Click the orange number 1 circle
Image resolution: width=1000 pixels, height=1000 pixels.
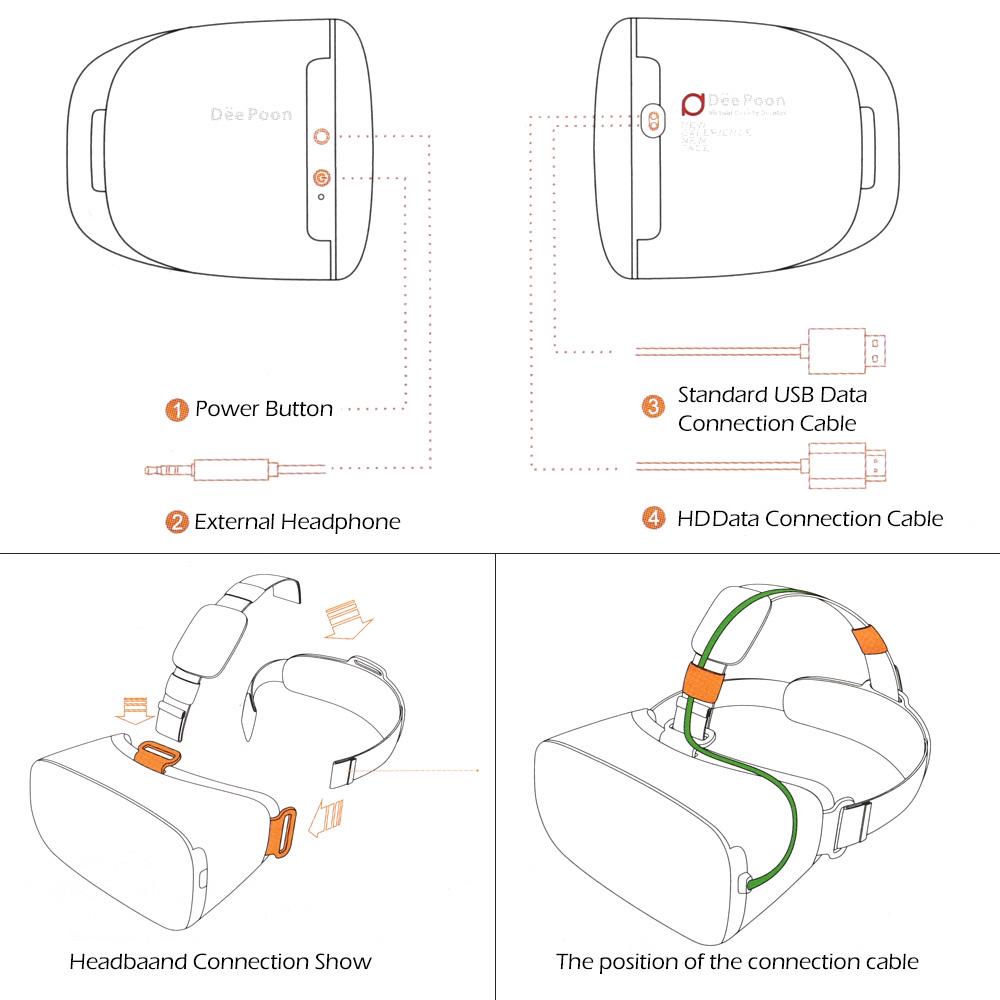[177, 409]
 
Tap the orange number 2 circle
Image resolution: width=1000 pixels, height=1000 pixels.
[177, 521]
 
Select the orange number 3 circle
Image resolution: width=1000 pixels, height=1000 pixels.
[653, 405]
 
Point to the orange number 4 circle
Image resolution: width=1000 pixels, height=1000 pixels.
[653, 518]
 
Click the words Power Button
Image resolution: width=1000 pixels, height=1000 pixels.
[264, 409]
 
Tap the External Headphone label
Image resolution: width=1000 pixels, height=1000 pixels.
[297, 521]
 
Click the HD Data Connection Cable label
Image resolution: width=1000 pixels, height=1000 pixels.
[810, 518]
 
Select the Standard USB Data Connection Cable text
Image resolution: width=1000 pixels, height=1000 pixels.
[768, 409]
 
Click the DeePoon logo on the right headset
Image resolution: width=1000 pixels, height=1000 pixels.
[689, 103]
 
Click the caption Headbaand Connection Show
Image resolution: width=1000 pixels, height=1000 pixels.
[220, 962]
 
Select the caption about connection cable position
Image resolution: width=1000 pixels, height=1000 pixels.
[737, 962]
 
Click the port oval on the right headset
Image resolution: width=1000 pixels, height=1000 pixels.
[652, 121]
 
